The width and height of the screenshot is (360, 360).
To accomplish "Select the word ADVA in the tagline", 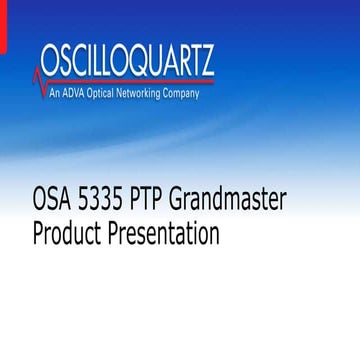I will (79, 94).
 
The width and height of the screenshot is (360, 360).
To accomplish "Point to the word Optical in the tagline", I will (111, 94).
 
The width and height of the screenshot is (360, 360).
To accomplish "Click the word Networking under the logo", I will (152, 94).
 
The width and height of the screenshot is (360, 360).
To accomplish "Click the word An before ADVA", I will (60, 94).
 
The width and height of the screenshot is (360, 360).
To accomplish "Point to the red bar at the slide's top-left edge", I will (2, 25).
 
